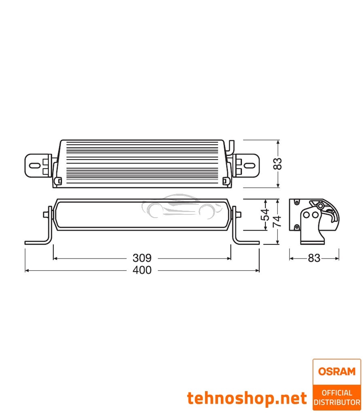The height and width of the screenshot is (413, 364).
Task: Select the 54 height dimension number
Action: click(x=265, y=214)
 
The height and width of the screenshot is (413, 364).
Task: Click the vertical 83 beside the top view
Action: click(x=277, y=163)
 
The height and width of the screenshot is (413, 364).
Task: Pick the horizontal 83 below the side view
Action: click(x=314, y=258)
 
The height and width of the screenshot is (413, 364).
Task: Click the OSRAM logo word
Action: click(x=336, y=371)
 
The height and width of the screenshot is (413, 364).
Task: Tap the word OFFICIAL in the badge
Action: click(x=336, y=393)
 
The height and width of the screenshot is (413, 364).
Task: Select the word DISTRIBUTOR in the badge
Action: click(x=336, y=402)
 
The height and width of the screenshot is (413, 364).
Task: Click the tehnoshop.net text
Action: click(x=247, y=398)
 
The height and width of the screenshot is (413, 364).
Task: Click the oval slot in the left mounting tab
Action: click(x=35, y=165)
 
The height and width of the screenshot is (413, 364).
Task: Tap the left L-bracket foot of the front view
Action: click(x=36, y=243)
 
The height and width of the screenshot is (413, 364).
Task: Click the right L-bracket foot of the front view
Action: click(x=248, y=243)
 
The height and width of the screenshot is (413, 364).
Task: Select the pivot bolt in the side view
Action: click(x=321, y=206)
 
